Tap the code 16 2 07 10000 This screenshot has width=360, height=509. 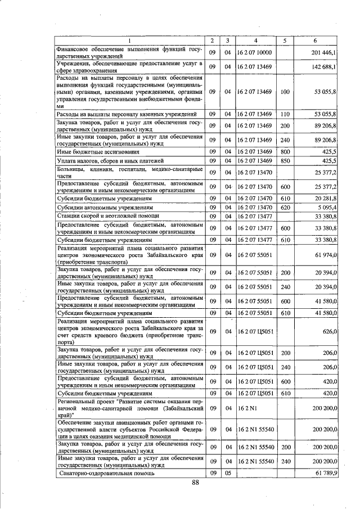(254, 52)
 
